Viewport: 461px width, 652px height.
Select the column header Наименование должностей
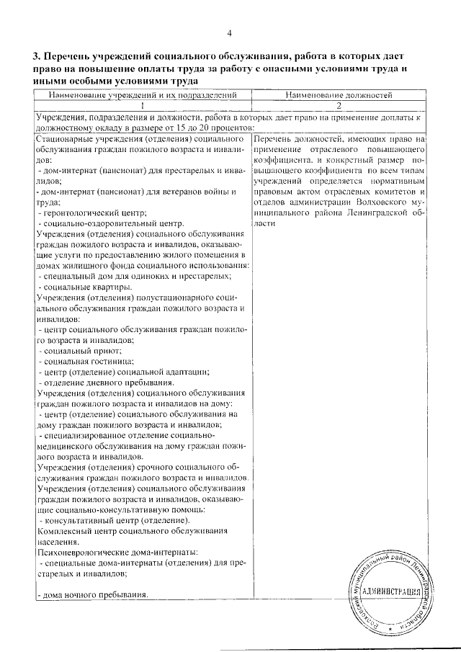(338, 95)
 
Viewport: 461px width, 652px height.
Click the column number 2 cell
(338, 105)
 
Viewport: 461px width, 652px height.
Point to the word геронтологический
(79, 213)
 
